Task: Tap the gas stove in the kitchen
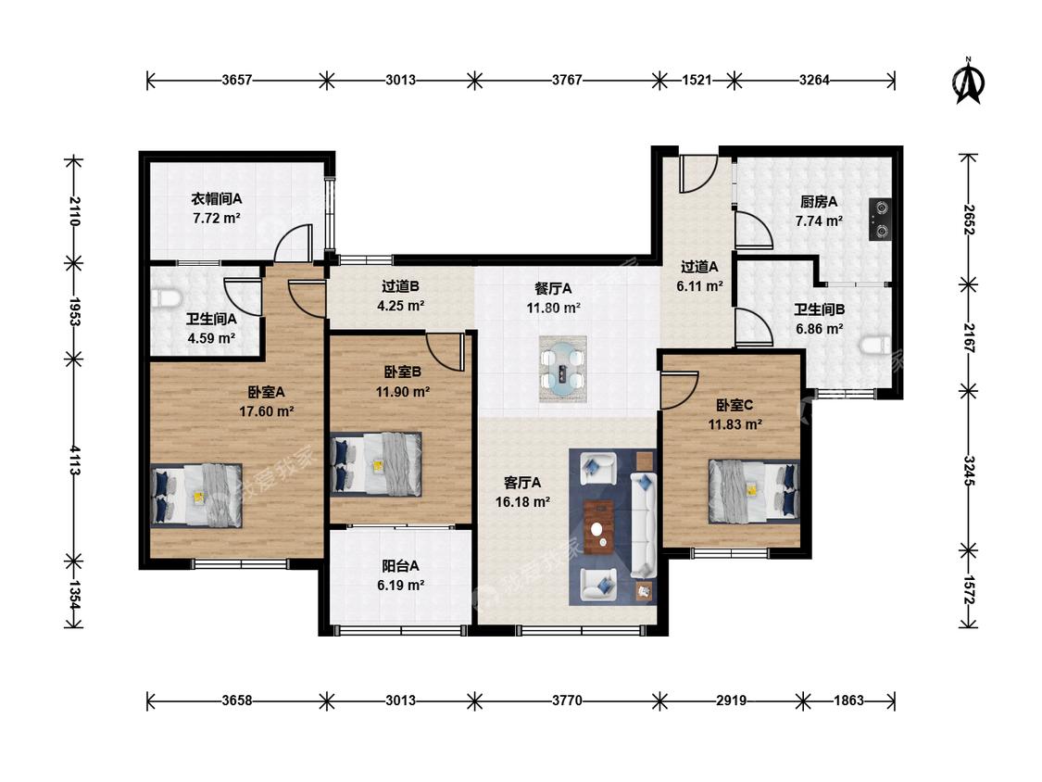tap(881, 219)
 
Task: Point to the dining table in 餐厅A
tap(563, 369)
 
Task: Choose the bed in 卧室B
tap(376, 464)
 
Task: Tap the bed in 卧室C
tap(754, 491)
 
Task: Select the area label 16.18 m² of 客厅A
tap(522, 503)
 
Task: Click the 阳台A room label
tap(400, 566)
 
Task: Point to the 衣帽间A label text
tap(217, 199)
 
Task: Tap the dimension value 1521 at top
tap(697, 81)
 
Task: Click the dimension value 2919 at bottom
tap(731, 700)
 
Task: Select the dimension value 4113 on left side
tap(74, 460)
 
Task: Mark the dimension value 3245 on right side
tap(969, 471)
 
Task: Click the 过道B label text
tap(400, 286)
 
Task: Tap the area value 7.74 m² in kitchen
tap(819, 221)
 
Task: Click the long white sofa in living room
tap(644, 524)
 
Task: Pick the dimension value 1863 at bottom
tap(848, 700)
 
